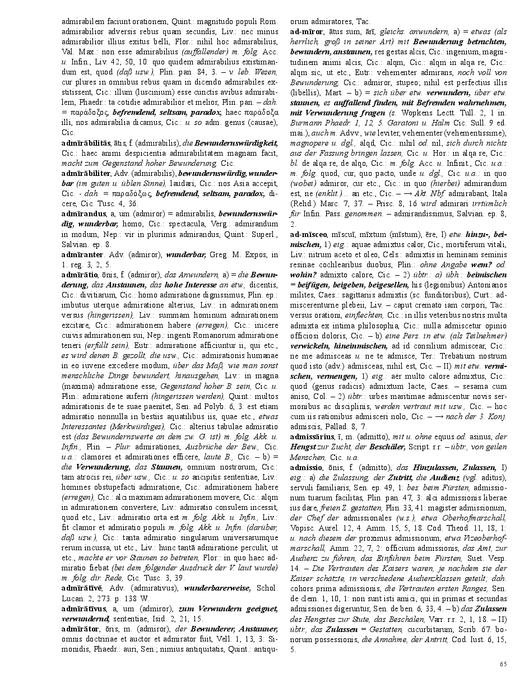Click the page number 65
pos(503,664)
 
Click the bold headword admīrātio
pos(79,275)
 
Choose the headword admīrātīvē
pos(82,588)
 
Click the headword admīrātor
pos(80,629)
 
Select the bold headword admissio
pos(306,467)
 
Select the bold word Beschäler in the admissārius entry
pos(379,447)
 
